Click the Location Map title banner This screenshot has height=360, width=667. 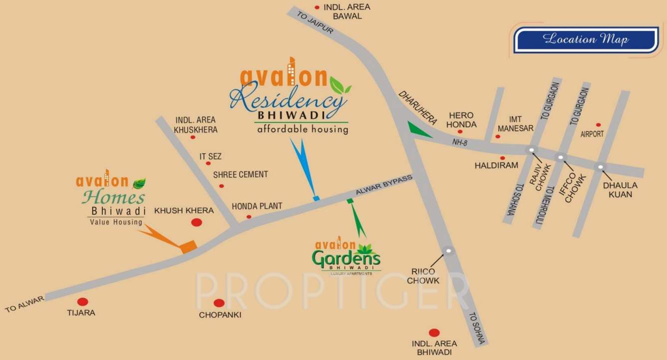[586, 39]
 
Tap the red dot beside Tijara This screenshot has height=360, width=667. [83, 302]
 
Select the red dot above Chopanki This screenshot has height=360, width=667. [219, 303]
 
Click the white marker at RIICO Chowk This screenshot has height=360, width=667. [449, 251]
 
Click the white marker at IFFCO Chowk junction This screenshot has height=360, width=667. [561, 158]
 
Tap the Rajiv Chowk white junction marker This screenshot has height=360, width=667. [532, 150]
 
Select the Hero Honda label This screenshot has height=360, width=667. [461, 120]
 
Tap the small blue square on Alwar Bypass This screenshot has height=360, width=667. [316, 198]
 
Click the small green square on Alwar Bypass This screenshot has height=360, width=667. [350, 201]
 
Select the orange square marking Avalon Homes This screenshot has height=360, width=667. [188, 247]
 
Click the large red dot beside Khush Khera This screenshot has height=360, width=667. [197, 222]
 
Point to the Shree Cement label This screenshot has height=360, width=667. [240, 174]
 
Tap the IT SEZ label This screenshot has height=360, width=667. [210, 156]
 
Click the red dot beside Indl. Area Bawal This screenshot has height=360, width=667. [317, 7]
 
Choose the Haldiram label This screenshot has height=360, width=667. [496, 165]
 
